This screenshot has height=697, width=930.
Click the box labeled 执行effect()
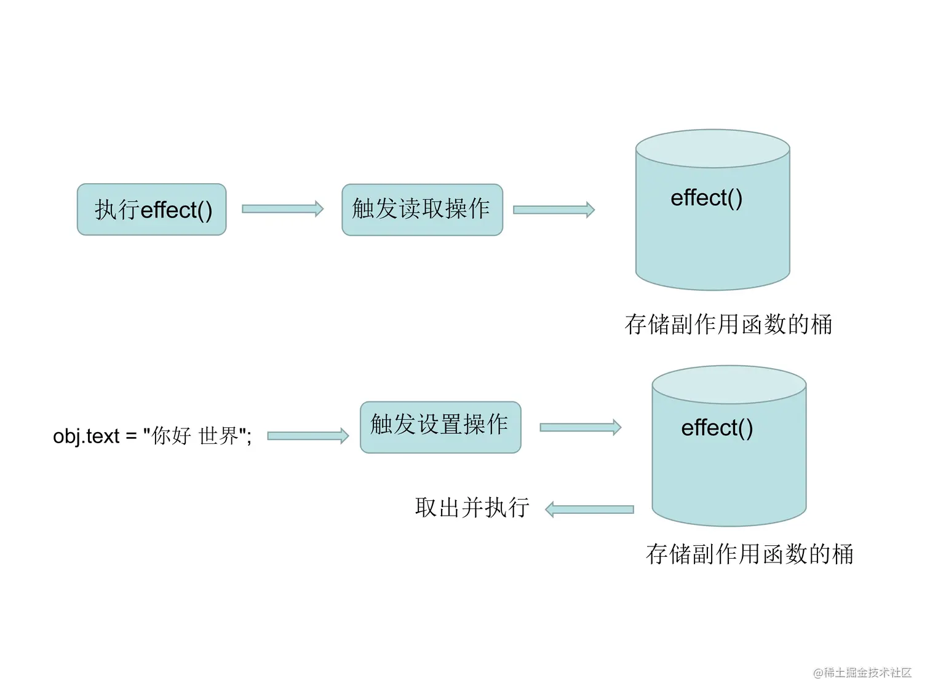coord(151,210)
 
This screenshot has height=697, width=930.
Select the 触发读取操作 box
coord(422,210)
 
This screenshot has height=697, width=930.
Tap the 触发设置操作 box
coord(440,427)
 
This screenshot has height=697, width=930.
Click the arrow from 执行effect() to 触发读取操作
coord(282,209)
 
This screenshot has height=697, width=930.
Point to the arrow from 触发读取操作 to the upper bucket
coord(554,210)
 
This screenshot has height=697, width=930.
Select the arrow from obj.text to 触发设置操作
coord(308,436)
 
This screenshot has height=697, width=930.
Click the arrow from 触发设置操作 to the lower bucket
coord(580,427)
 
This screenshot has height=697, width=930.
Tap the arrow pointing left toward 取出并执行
coord(589,510)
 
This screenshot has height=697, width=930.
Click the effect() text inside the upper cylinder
coord(706,198)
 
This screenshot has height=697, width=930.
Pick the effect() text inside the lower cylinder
coord(717,428)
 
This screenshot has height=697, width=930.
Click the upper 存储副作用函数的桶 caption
coord(728,325)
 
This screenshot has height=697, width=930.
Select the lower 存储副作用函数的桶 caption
coord(749,554)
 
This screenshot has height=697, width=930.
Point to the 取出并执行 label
coord(472,508)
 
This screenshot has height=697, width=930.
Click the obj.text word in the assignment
coord(86,436)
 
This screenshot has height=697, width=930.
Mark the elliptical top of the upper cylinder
coord(712,148)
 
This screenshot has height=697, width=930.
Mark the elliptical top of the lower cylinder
coord(729,385)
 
